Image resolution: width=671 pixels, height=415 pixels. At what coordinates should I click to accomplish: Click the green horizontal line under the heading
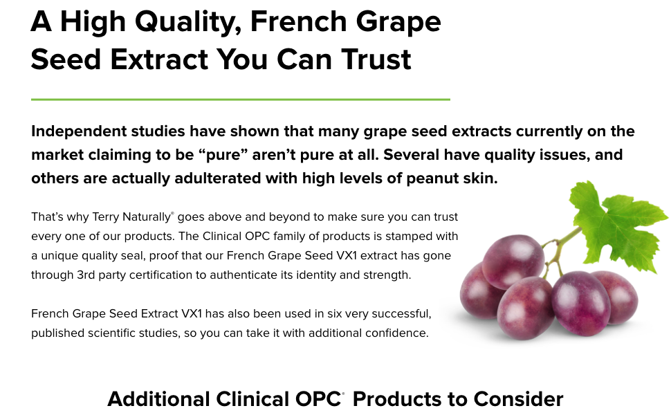click(240, 100)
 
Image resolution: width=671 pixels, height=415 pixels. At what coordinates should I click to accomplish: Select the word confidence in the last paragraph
click(396, 333)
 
